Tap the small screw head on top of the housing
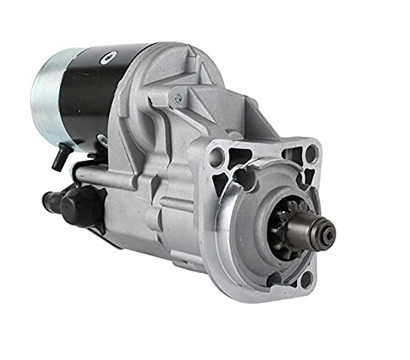click(178, 97)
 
